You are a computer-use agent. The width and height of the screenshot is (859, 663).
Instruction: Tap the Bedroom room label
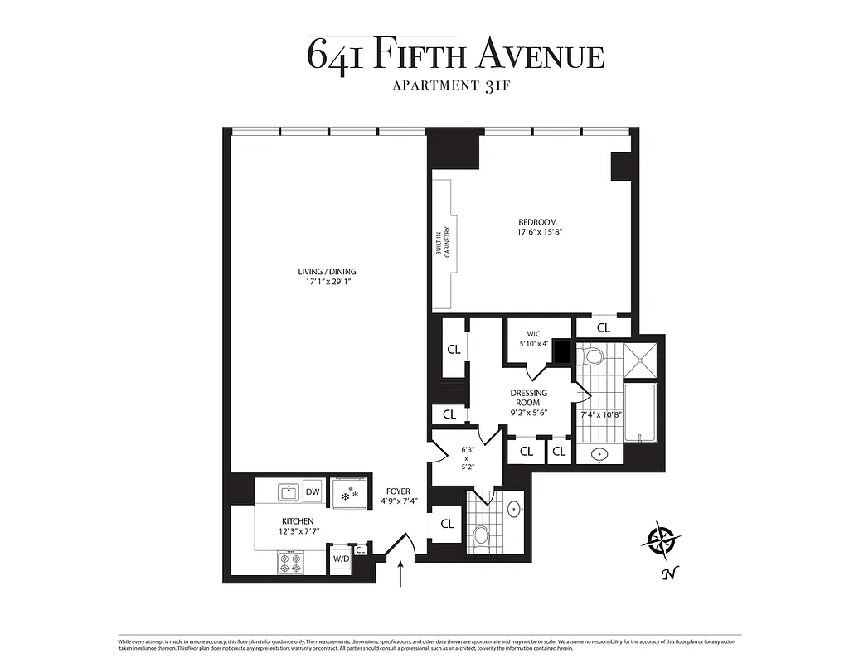537,222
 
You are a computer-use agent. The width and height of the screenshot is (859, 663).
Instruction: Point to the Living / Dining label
328,272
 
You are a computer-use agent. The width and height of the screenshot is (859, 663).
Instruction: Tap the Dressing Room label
528,398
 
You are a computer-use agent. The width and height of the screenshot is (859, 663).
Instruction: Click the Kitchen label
284,520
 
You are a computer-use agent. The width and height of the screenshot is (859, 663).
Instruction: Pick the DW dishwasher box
313,492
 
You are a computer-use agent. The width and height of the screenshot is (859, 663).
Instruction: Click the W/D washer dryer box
341,559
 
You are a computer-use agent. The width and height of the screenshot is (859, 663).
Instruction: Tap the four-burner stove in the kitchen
290,564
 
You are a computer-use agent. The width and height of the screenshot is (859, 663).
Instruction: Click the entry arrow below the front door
401,573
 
